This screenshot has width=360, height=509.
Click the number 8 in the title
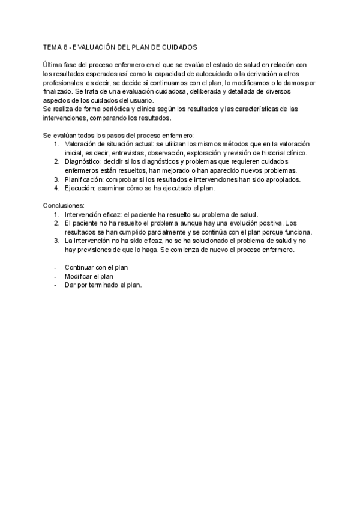point(68,46)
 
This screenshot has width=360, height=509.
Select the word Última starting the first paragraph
point(52,65)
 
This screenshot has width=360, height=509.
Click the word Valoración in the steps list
point(80,144)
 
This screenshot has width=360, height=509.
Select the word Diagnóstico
point(83,162)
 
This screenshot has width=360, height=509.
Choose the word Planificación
point(84,179)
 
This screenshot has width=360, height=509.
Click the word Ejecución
point(80,188)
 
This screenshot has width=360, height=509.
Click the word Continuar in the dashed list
point(80,268)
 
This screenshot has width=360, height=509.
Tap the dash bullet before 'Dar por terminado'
point(55,286)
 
